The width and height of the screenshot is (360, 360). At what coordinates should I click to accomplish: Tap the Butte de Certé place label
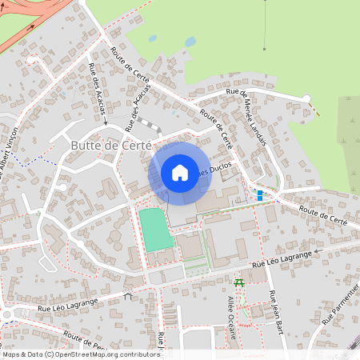point(110,146)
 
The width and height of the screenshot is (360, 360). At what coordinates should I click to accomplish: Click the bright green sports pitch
point(156,229)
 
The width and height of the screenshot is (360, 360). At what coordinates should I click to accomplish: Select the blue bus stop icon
point(259,194)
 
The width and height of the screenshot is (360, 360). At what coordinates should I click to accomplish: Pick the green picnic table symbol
point(238,282)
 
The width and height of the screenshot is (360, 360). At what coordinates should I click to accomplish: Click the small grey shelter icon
point(128,294)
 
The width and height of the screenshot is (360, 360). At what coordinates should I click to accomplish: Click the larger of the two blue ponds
point(190,41)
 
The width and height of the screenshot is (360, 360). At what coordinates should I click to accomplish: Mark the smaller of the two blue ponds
point(152,38)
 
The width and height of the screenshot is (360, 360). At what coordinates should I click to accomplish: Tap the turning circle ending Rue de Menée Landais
point(306,98)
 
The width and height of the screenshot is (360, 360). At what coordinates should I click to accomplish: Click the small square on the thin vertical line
point(263,48)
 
